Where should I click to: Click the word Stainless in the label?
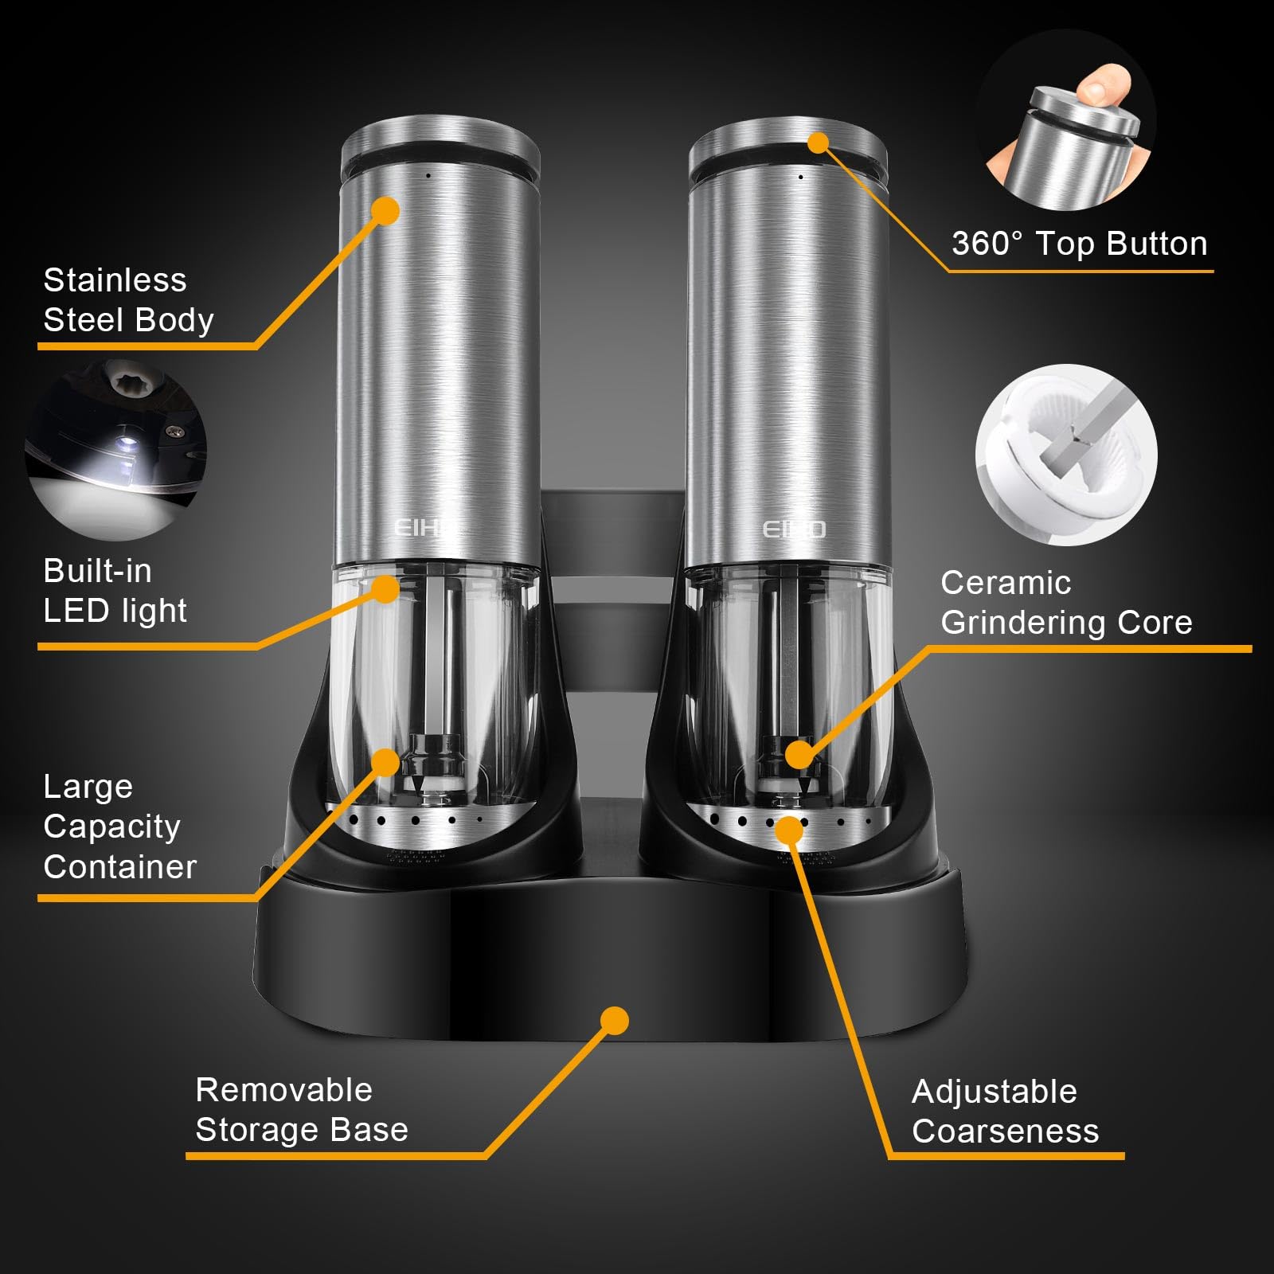115,280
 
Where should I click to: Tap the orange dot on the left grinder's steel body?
385,211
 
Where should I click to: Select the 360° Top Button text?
1079,244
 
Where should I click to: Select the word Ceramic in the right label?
1005,583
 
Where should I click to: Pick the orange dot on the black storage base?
614,1021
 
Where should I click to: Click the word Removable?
283,1090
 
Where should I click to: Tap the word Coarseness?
1005,1131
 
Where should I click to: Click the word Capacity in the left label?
111,827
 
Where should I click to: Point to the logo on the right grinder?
794,530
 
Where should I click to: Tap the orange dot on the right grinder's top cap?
819,143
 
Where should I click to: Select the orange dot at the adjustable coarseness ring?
789,830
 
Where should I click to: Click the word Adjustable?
994,1092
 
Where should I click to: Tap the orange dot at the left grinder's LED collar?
385,589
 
